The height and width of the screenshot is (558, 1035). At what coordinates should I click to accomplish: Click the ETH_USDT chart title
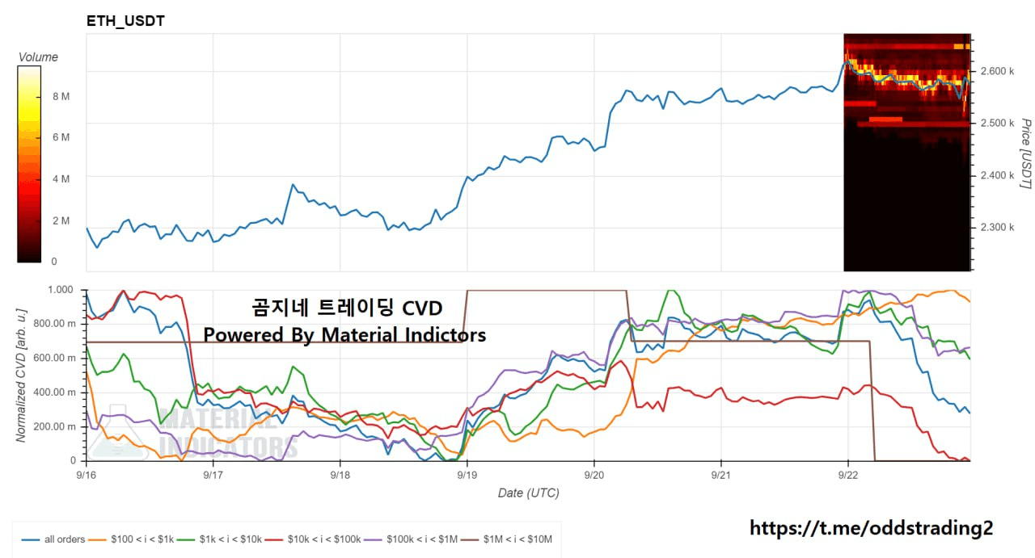pos(125,21)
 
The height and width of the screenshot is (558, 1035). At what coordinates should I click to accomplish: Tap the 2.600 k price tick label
pos(996,71)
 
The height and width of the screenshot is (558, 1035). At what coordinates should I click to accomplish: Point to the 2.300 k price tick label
pos(996,227)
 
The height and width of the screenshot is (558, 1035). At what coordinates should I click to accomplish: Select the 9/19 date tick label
pos(467,476)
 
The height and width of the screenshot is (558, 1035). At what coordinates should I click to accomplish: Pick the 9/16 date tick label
pos(86,476)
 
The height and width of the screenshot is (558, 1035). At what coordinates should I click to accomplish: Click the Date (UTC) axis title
pos(527,493)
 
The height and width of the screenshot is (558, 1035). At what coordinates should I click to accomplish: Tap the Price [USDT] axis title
pos(1025,153)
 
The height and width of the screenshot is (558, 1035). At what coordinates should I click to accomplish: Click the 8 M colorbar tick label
pos(61,96)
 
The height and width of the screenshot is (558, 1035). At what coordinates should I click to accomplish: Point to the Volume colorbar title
pos(38,57)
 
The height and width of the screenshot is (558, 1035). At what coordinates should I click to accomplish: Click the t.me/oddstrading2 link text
pos(871,528)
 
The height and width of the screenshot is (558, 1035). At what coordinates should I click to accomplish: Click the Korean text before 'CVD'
pos(323,308)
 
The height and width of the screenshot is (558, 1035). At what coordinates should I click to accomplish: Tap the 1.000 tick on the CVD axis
pos(61,290)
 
